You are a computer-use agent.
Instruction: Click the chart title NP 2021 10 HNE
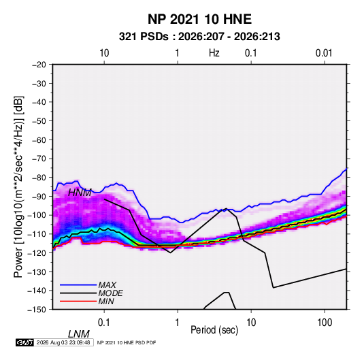pyautogui.click(x=199, y=19)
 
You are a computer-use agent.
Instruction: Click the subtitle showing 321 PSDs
pyautogui.click(x=199, y=37)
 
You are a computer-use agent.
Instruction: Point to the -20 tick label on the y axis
pyautogui.click(x=39, y=65)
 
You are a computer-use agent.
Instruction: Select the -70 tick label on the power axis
pyautogui.click(x=39, y=159)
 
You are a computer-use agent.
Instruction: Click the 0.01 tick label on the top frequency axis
pyautogui.click(x=324, y=53)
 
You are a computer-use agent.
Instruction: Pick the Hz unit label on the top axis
pyautogui.click(x=214, y=53)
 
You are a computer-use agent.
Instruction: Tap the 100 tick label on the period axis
pyautogui.click(x=325, y=323)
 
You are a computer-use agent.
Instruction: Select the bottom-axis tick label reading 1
pyautogui.click(x=178, y=323)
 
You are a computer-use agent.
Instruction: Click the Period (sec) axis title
pyautogui.click(x=214, y=330)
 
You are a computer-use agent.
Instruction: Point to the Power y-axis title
pyautogui.click(x=18, y=187)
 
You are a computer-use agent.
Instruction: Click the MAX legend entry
pyautogui.click(x=107, y=285)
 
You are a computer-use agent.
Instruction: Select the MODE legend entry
pyautogui.click(x=110, y=293)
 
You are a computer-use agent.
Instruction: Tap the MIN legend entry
pyautogui.click(x=106, y=301)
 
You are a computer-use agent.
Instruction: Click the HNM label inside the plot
pyautogui.click(x=80, y=193)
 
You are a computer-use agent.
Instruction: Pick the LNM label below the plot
pyautogui.click(x=79, y=334)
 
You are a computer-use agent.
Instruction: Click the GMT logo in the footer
pyautogui.click(x=24, y=342)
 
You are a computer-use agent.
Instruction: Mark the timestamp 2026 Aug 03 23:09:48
pyautogui.click(x=63, y=342)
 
